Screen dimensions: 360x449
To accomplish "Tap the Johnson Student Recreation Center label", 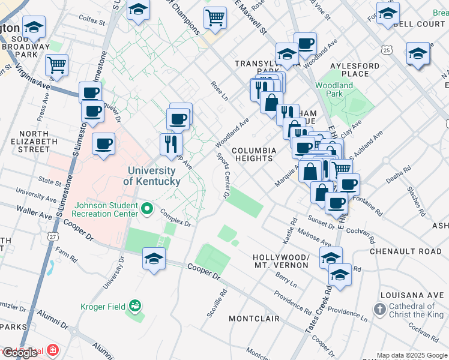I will click(105, 209).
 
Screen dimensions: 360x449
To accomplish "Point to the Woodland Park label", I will click(334, 89).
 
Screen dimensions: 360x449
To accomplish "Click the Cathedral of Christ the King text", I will click(415, 312).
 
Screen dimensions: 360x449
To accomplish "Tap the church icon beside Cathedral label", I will click(379, 310).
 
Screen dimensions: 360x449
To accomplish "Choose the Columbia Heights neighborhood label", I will click(255, 154).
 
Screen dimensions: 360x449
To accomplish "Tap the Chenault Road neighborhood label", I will click(405, 251).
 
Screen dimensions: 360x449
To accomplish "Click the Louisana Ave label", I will click(409, 295).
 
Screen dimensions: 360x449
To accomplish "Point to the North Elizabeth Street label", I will click(34, 141).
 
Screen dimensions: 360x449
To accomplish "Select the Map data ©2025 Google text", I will click(411, 355).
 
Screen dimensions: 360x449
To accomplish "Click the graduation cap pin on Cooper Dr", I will click(154, 259).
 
